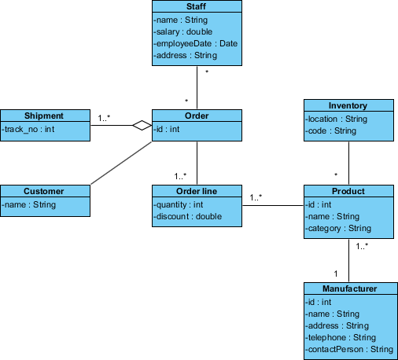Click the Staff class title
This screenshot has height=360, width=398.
pyautogui.click(x=196, y=6)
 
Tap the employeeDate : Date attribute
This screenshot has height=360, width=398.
pyautogui.click(x=195, y=43)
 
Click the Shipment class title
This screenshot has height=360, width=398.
pyautogui.click(x=44, y=116)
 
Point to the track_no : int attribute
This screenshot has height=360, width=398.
pyautogui.click(x=28, y=128)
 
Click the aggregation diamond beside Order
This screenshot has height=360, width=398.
pyautogui.click(x=142, y=125)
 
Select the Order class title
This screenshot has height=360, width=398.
pyautogui.click(x=196, y=116)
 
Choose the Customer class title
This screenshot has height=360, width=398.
pyautogui.click(x=44, y=191)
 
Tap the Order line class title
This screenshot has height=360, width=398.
pyautogui.click(x=196, y=191)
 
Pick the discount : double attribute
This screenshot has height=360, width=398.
pyautogui.click(x=188, y=216)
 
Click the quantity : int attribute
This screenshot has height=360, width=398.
pyautogui.click(x=179, y=204)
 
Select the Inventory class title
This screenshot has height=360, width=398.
pyautogui.click(x=348, y=105)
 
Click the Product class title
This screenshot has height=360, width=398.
pyautogui.click(x=348, y=191)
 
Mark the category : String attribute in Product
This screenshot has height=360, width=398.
pyautogui.click(x=338, y=229)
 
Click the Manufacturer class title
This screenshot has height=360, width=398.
pyautogui.click(x=348, y=288)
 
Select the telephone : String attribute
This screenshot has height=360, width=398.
pyautogui.click(x=339, y=337)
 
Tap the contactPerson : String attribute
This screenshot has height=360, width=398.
pyautogui.click(x=348, y=349)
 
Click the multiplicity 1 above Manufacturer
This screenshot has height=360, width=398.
pyautogui.click(x=336, y=274)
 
